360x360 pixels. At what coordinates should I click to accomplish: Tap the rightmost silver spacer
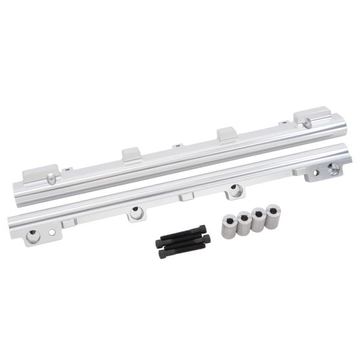pyautogui.click(x=273, y=216)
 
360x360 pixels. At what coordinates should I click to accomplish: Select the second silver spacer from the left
pyautogui.click(x=244, y=223)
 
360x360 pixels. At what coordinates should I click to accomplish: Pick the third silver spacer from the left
pyautogui.click(x=258, y=220)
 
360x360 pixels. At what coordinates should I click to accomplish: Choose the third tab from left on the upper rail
pyautogui.click(x=226, y=133)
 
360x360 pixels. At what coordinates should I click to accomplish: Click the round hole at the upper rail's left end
pyautogui.click(x=53, y=179)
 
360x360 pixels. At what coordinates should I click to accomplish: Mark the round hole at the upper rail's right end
pyautogui.click(x=307, y=124)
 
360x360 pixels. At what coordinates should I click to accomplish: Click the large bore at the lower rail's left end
pyautogui.click(x=34, y=236)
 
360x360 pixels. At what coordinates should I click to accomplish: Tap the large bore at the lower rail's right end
pyautogui.click(x=334, y=168)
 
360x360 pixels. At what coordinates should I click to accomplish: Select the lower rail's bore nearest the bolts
pyautogui.click(x=137, y=212)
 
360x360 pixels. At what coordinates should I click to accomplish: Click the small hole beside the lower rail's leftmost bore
pyautogui.click(x=53, y=231)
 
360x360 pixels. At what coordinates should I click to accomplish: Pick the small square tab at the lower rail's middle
pyautogui.click(x=187, y=196)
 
